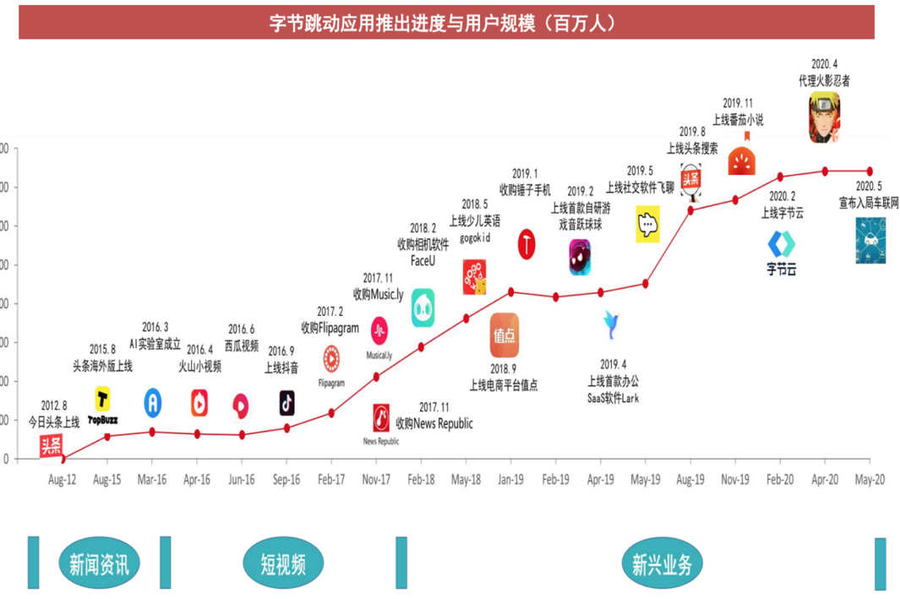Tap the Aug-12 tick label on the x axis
(x=62, y=479)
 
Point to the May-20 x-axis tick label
(x=870, y=479)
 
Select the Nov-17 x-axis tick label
(x=376, y=479)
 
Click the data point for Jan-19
(x=510, y=291)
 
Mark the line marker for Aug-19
(x=690, y=210)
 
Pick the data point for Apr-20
(x=825, y=171)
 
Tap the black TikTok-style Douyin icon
(x=286, y=403)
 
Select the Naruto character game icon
(x=824, y=117)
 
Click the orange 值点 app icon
(x=505, y=335)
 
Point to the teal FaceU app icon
(x=423, y=308)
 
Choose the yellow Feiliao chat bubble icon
(x=647, y=226)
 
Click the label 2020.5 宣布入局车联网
(x=869, y=195)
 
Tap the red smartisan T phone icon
(x=527, y=244)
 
